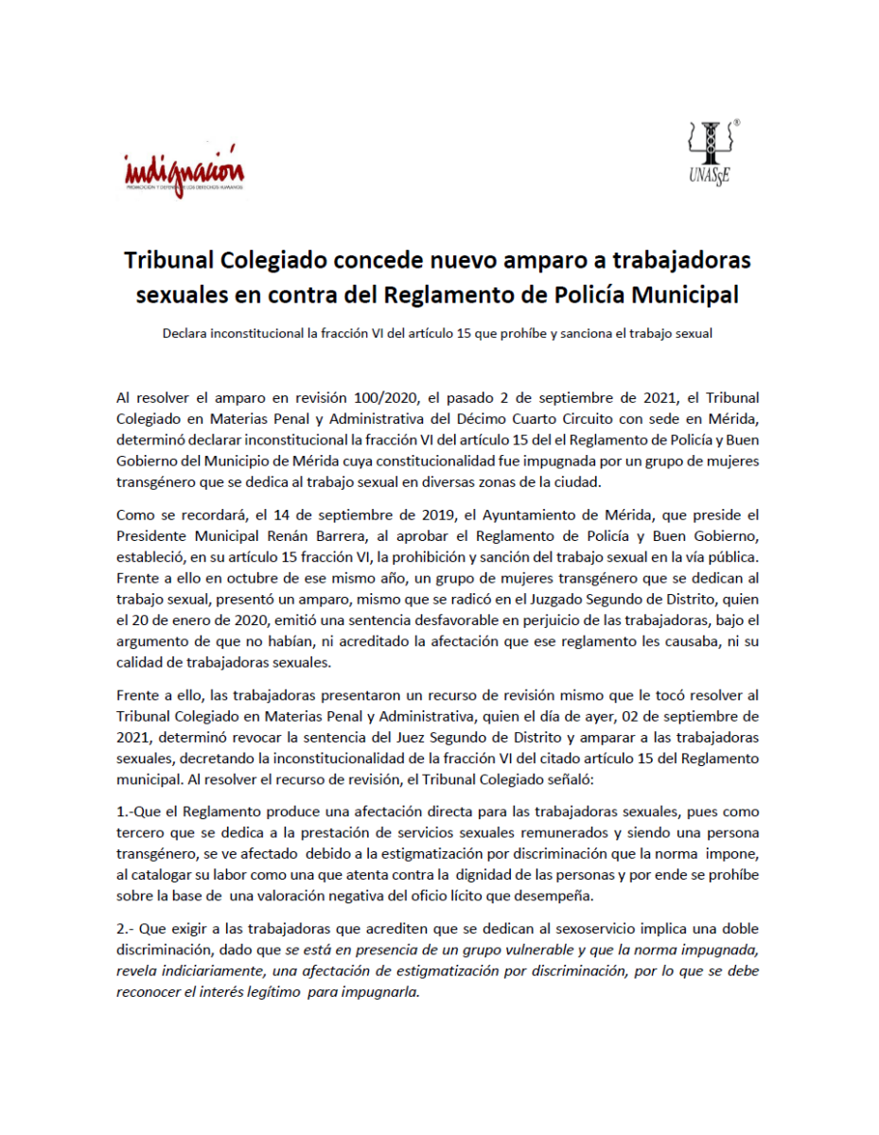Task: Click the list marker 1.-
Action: coord(125,812)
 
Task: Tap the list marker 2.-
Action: coord(126,931)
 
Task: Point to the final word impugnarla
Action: coord(382,990)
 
